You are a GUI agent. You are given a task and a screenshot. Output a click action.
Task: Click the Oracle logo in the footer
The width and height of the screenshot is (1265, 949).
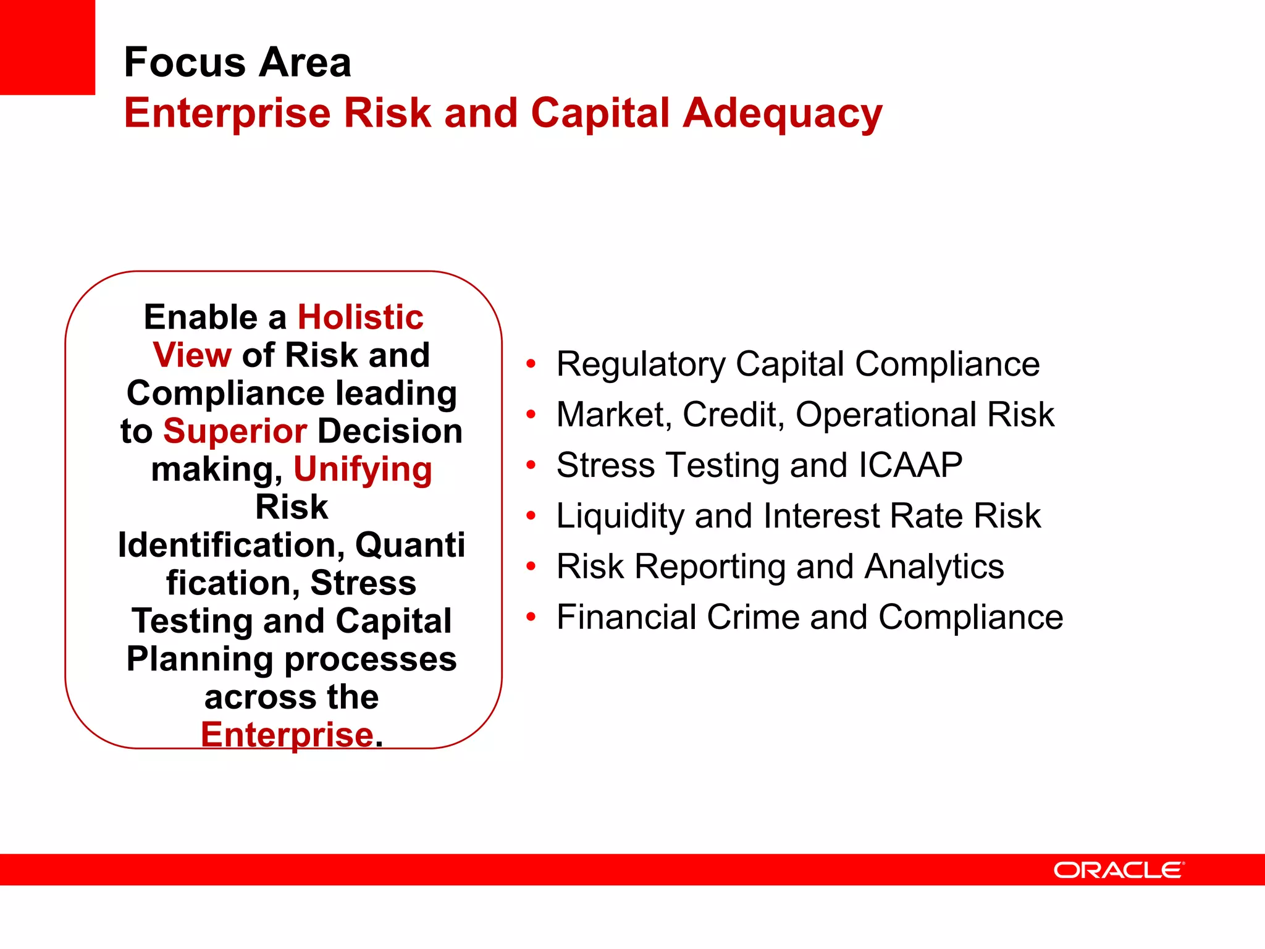click(1119, 870)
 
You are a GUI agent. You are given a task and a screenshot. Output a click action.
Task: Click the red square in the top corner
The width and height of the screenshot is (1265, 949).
click(47, 47)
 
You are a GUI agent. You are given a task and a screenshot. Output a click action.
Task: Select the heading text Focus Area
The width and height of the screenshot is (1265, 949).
click(237, 62)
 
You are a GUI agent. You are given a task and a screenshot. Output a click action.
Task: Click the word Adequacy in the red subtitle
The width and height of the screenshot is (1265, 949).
click(782, 114)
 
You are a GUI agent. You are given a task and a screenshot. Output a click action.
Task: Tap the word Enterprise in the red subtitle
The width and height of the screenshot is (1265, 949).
click(227, 114)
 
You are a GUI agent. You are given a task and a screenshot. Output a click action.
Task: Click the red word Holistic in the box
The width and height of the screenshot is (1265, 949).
click(361, 318)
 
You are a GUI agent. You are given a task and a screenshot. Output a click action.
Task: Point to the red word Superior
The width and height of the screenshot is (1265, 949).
click(235, 431)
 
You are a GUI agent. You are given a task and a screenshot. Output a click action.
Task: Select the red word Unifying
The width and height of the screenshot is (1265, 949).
click(363, 470)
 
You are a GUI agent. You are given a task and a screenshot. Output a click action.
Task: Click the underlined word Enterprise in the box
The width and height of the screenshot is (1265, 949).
click(287, 735)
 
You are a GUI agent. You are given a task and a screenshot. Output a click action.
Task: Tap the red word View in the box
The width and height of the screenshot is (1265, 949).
click(192, 355)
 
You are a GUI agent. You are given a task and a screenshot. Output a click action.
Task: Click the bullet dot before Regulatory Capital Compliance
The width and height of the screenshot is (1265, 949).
click(531, 364)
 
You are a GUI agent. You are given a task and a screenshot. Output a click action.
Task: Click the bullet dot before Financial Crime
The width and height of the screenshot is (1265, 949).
click(531, 617)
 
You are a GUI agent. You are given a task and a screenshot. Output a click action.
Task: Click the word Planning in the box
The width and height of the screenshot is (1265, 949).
click(199, 659)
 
